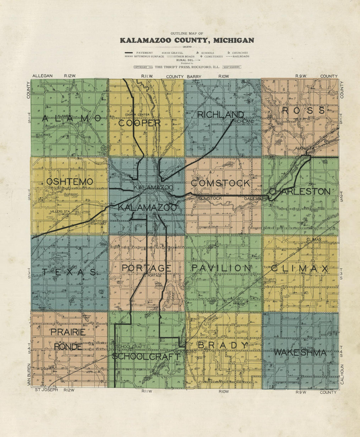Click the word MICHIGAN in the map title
click(x=233, y=41)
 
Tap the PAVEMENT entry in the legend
click(x=144, y=53)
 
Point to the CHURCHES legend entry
click(x=240, y=53)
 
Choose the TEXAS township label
click(x=69, y=272)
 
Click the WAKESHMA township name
click(x=300, y=353)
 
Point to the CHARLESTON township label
click(x=299, y=191)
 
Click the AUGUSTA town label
click(x=304, y=148)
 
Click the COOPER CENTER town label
click(x=137, y=114)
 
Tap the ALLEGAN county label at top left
click(x=42, y=76)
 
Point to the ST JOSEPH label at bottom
click(x=46, y=390)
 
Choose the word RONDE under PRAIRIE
click(x=68, y=346)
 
